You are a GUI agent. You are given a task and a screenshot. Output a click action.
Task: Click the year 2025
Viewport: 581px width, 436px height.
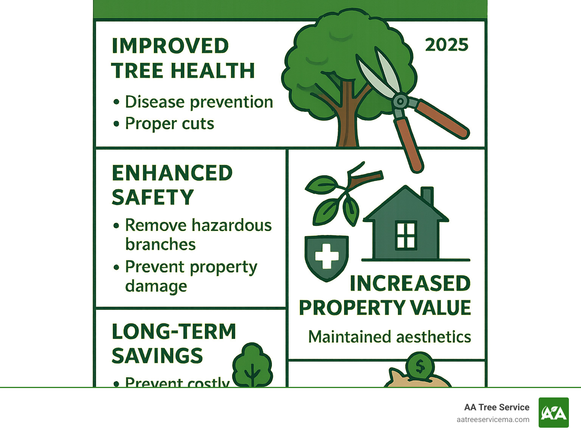click(446, 45)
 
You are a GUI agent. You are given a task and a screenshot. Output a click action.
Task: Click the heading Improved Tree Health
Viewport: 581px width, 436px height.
click(183, 58)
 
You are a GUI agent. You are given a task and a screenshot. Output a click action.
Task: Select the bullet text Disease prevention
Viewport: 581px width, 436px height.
click(199, 102)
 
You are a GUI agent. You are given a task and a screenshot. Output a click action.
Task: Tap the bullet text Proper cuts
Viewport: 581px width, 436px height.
click(169, 124)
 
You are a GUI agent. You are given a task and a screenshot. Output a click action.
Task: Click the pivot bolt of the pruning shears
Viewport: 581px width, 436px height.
click(400, 101)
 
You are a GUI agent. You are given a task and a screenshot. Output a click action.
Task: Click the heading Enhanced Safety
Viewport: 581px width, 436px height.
click(172, 185)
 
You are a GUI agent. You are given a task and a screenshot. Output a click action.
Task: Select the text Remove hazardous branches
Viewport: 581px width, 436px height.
click(198, 235)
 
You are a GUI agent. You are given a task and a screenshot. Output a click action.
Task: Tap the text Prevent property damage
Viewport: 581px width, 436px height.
click(191, 276)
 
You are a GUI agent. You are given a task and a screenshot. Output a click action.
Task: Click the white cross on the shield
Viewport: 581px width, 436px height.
click(327, 256)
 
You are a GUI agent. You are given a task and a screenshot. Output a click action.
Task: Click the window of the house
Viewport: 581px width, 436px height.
click(406, 236)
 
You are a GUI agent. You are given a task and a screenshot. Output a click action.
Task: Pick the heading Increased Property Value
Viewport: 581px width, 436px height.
click(385, 295)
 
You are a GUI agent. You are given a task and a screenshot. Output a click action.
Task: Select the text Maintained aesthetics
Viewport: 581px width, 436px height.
click(390, 337)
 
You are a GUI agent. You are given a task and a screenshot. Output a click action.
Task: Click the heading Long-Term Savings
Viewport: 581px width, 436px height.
click(174, 343)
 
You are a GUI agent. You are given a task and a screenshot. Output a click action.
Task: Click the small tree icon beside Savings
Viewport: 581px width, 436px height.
click(252, 365)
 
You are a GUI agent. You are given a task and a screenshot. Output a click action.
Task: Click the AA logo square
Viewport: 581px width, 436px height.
click(553, 413)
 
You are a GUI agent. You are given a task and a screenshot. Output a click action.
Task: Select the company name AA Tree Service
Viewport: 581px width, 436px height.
click(496, 407)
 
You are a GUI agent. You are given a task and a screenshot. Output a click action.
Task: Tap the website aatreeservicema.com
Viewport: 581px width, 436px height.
click(492, 419)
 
